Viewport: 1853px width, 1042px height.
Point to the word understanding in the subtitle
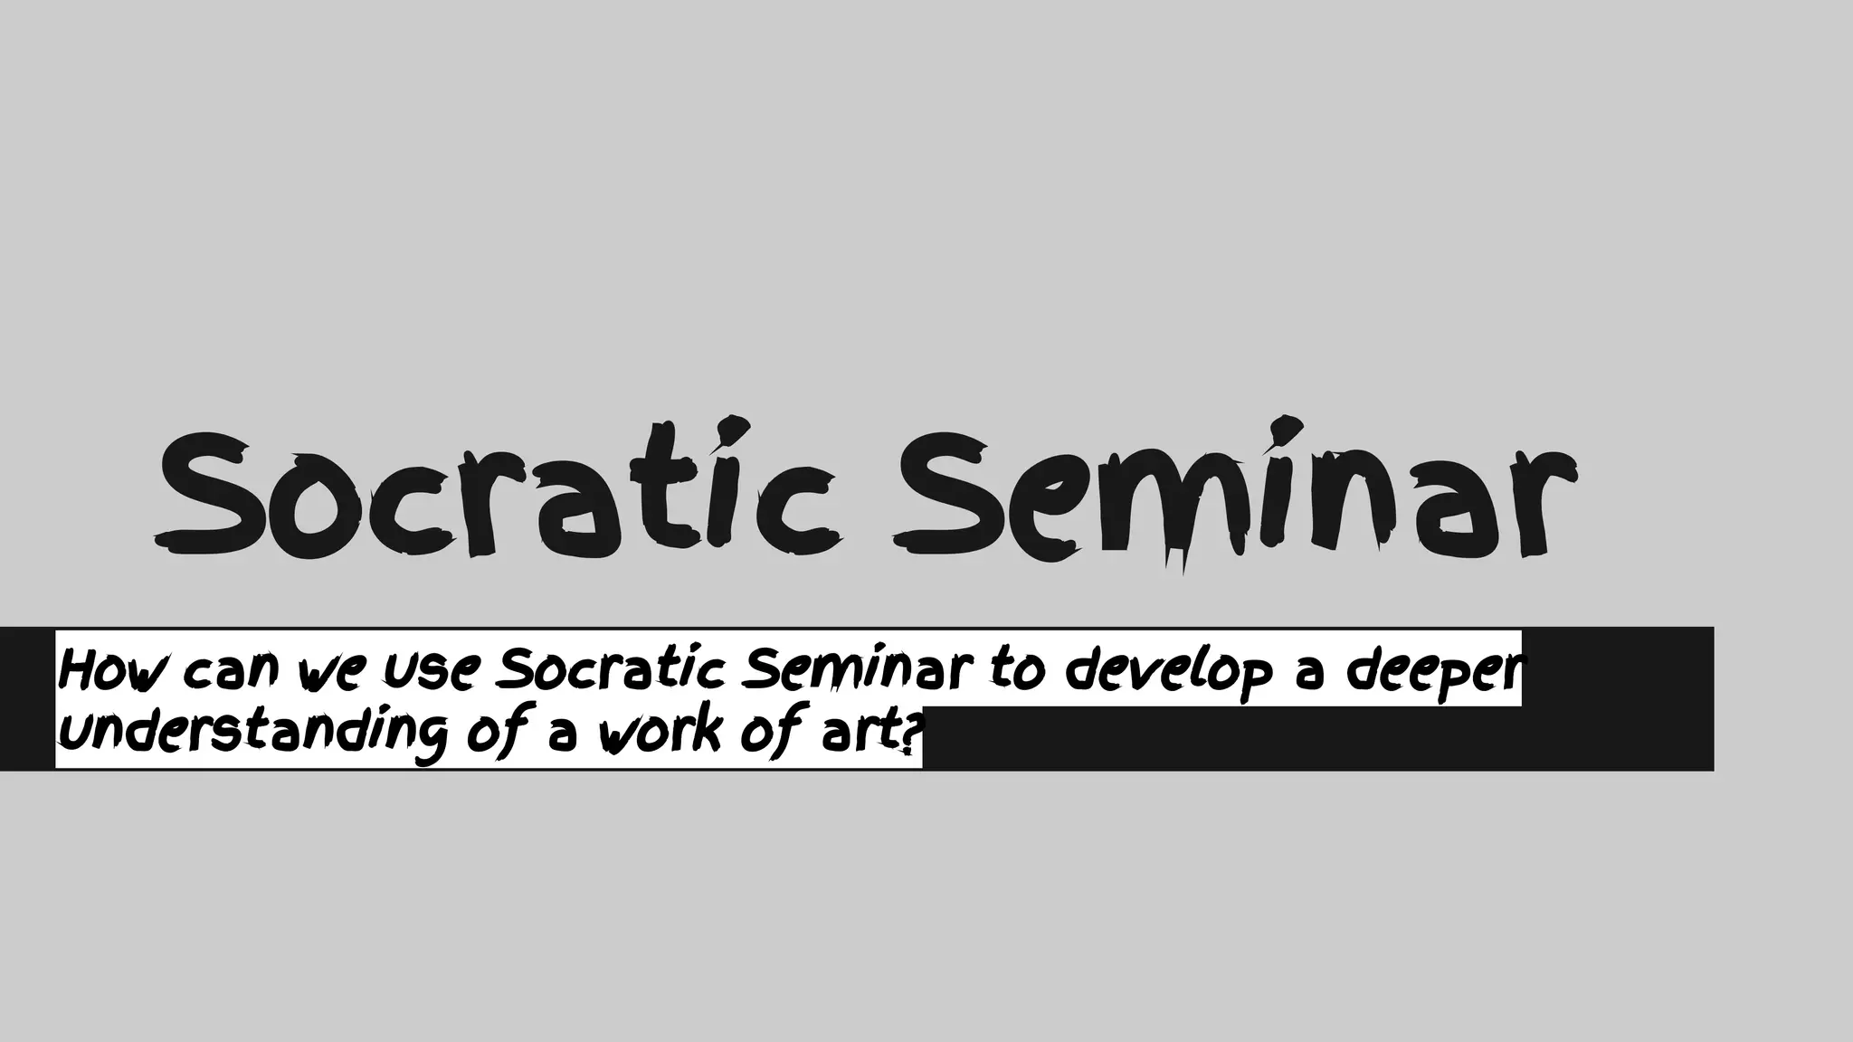253,733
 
